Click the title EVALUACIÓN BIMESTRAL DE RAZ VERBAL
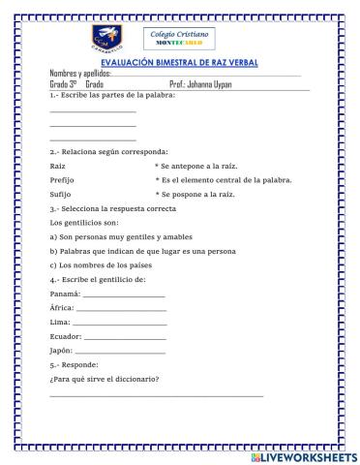point(180,62)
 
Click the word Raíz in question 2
point(57,167)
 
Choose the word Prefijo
point(61,180)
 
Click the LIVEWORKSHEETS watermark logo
point(302,454)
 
